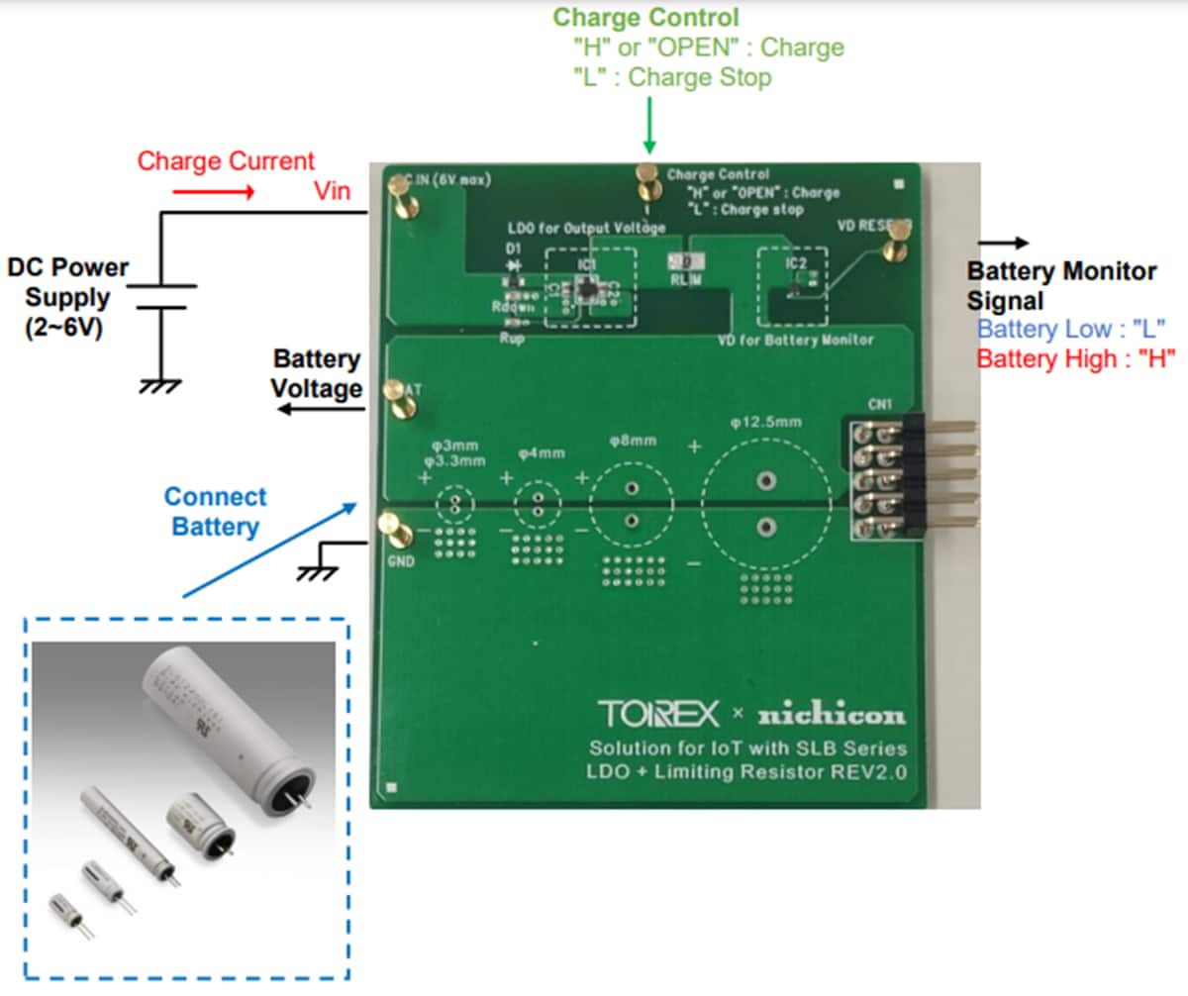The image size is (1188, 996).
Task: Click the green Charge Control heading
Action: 644,17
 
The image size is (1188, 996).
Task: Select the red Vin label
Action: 332,192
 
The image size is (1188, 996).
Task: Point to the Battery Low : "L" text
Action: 1070,330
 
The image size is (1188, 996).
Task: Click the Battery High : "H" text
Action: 1075,358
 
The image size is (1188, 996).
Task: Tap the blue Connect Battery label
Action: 215,511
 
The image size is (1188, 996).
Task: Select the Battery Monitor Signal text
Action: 1060,284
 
